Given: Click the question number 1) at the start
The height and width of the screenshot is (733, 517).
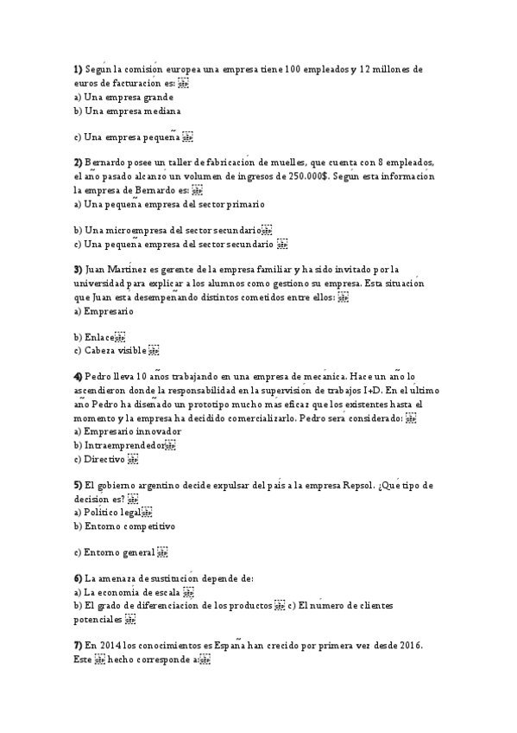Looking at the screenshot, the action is point(78,69).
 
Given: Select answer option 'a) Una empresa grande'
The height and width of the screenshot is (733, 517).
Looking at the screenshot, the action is point(123,98).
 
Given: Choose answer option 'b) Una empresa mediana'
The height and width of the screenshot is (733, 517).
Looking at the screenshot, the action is point(127,112).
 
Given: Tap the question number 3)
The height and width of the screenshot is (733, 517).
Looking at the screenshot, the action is point(78,269).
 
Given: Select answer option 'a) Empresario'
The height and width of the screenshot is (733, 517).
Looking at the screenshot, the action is point(104,310).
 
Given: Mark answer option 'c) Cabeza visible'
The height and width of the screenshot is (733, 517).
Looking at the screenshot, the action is point(110,351).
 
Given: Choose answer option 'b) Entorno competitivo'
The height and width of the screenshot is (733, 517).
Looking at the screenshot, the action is point(124,526).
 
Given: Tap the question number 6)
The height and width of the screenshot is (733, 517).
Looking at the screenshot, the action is point(78,578).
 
